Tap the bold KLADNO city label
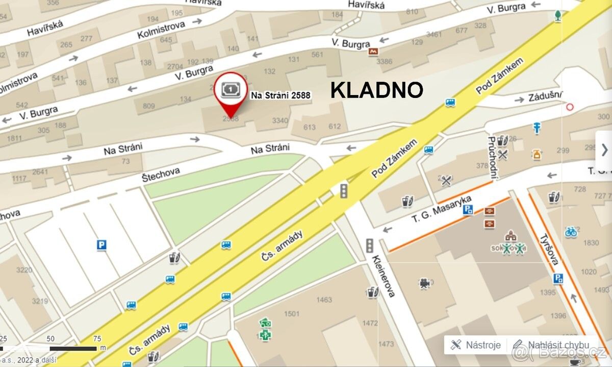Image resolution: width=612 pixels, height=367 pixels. click(376, 90)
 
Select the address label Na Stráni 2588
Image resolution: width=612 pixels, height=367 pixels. click(280, 95)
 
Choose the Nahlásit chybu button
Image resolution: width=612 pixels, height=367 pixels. click(551, 345)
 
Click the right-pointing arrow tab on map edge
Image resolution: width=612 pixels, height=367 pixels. click(604, 150)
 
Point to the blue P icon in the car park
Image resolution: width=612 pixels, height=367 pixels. click(101, 246)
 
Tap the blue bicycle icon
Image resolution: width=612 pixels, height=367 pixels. click(571, 232)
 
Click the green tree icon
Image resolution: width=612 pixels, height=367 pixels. click(558, 15)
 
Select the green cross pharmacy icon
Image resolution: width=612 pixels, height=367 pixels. click(265, 334)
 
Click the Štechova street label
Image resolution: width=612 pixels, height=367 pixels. click(161, 174)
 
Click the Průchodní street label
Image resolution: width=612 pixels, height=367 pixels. click(492, 158)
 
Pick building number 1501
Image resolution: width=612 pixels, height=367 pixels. click(292, 313)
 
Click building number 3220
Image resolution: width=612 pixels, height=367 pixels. click(24, 270)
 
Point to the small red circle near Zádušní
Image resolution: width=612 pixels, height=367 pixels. click(570, 107)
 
